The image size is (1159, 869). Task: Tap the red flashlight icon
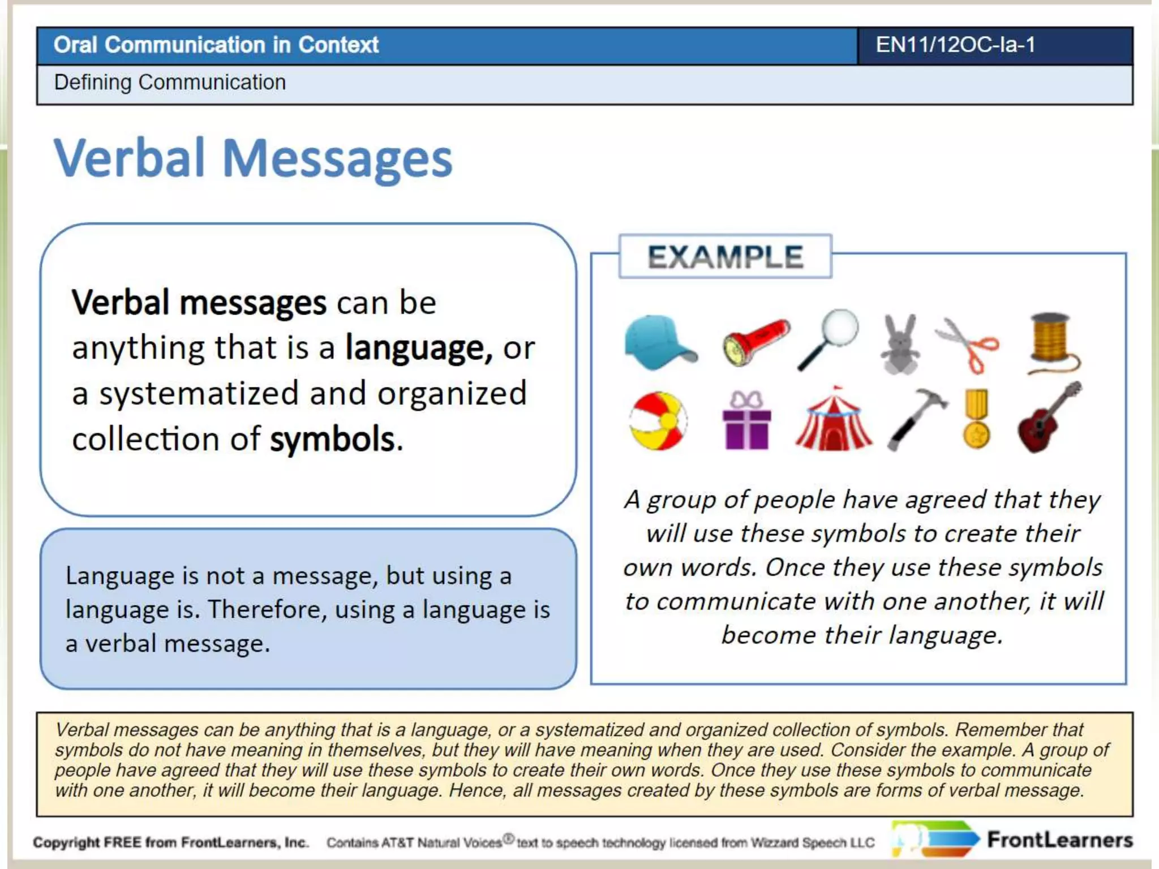[x=756, y=342]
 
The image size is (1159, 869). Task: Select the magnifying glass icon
[x=830, y=338]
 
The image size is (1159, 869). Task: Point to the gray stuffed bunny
[x=900, y=345]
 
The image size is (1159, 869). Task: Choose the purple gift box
[x=747, y=421]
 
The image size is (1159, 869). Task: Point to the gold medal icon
[x=977, y=419]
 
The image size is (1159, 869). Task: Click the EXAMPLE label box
[x=725, y=257]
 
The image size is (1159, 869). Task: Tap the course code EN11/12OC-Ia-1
[x=955, y=45]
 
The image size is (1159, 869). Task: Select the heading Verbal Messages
[x=253, y=159]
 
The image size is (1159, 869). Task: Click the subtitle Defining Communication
[x=170, y=83]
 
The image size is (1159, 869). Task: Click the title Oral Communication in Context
[x=216, y=45]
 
